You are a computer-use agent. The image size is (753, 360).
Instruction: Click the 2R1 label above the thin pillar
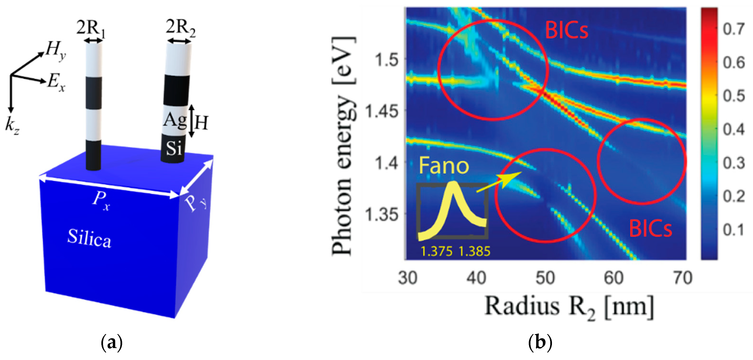[x=91, y=29]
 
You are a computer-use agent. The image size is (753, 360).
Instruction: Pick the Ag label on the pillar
[x=175, y=120]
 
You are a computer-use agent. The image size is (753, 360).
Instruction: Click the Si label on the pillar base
[x=174, y=148]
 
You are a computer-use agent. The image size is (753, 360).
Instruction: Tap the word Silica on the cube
[x=89, y=238]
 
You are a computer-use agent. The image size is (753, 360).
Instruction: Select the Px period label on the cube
[x=101, y=202]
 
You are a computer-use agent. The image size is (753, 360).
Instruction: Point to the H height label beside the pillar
[x=201, y=123]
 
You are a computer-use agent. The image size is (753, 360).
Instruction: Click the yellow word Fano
[x=444, y=166]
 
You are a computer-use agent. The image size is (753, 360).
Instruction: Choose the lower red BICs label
[x=650, y=229]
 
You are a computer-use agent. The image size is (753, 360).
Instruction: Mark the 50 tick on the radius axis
[x=545, y=278]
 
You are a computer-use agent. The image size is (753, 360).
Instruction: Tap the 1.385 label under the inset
[x=474, y=251]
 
